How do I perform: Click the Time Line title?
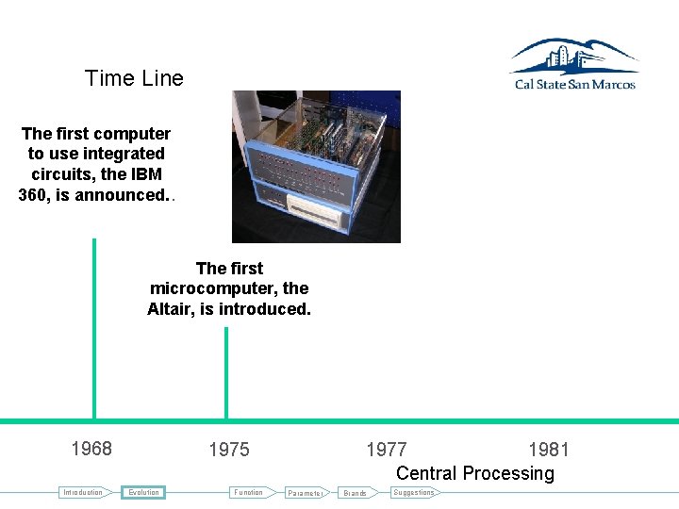tap(134, 78)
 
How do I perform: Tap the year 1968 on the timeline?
tap(91, 449)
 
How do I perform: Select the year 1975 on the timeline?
tap(229, 450)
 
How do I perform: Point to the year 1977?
tap(387, 450)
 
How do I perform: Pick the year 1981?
tap(549, 450)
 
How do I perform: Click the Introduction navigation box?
tap(83, 492)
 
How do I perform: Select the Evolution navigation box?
tap(144, 492)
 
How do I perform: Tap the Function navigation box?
tap(249, 492)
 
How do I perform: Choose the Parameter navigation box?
tap(306, 493)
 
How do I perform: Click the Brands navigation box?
tap(356, 493)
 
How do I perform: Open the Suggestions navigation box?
tap(414, 492)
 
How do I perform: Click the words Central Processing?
tap(475, 473)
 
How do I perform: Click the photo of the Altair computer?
tap(316, 166)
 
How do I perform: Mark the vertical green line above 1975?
tap(226, 372)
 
